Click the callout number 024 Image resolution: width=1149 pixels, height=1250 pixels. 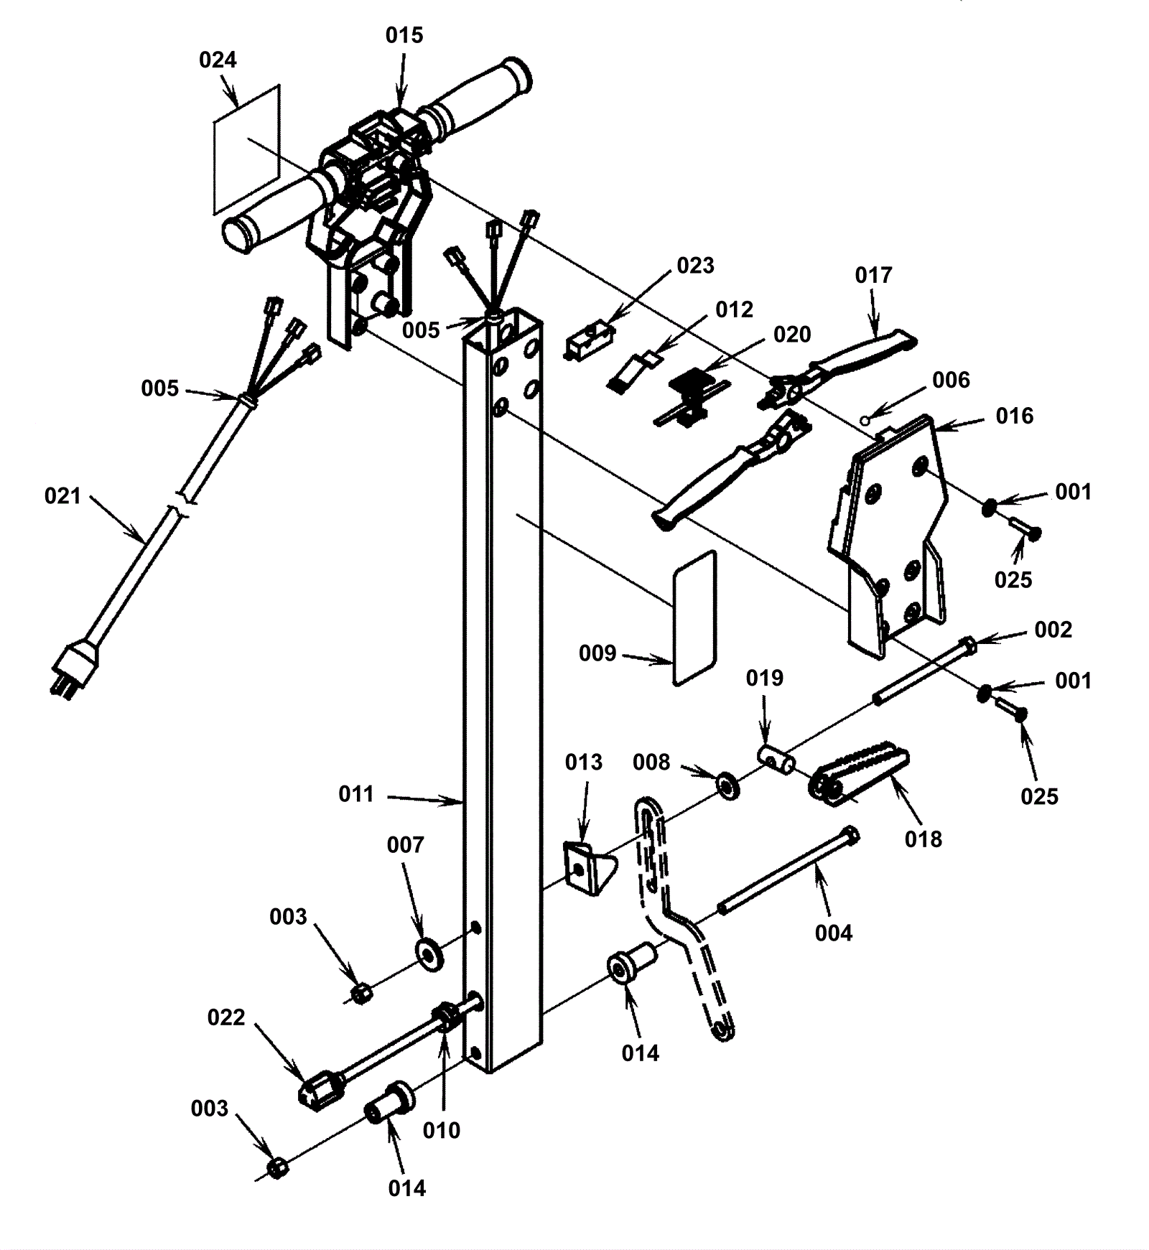click(x=218, y=60)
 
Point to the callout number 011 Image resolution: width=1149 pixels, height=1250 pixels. click(x=356, y=794)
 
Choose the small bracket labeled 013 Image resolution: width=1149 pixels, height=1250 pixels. click(x=585, y=866)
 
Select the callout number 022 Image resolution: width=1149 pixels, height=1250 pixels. click(x=225, y=1017)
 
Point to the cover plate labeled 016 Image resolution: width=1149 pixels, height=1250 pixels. click(x=890, y=531)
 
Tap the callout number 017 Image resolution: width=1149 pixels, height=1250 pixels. click(x=873, y=276)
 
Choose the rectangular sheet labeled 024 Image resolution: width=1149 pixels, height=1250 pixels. click(x=246, y=149)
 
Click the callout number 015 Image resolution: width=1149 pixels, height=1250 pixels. click(x=404, y=36)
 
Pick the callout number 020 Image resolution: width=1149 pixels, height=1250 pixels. click(x=792, y=335)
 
